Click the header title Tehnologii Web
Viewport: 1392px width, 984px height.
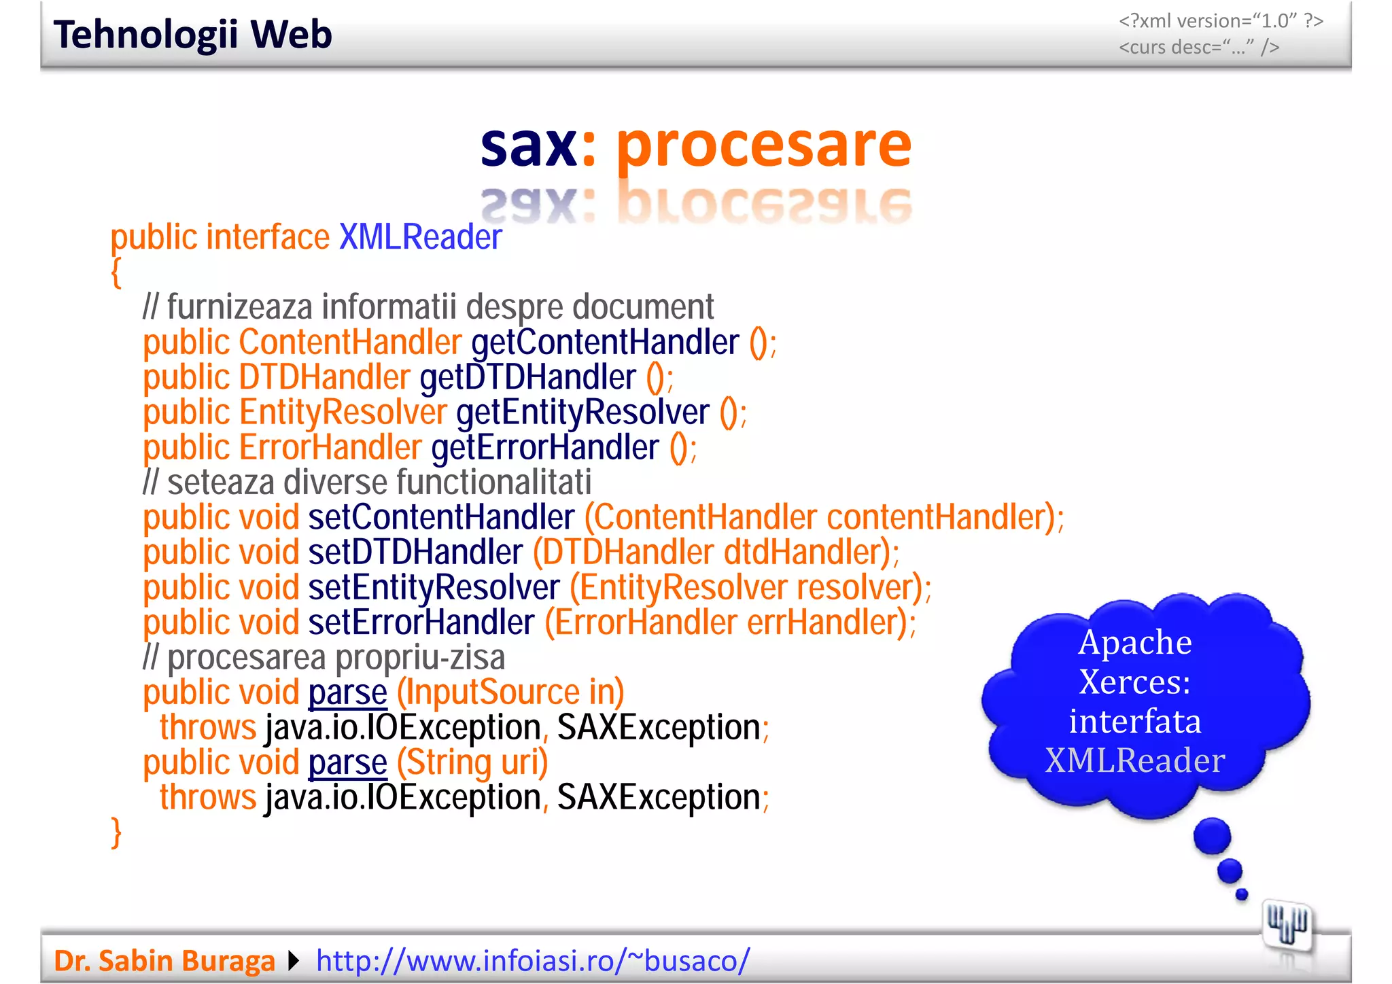(x=192, y=35)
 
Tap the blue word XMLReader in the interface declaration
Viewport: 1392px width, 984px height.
(x=420, y=237)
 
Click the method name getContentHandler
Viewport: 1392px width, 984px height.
(x=605, y=342)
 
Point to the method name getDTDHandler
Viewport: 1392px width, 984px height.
(x=528, y=377)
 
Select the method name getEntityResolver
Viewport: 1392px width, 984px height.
(x=582, y=412)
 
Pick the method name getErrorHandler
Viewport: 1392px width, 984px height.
(x=545, y=448)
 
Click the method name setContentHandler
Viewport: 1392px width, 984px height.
(x=442, y=517)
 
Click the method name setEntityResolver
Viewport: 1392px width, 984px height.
(x=434, y=587)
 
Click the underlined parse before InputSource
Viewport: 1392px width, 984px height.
(x=347, y=692)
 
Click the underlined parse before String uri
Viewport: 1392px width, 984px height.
(x=347, y=762)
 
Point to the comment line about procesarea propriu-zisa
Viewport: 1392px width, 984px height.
(x=324, y=658)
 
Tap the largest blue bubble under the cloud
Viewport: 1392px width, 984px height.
(x=1212, y=836)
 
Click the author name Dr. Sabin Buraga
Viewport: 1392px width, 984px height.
(x=164, y=961)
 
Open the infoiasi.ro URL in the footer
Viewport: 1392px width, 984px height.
(x=533, y=961)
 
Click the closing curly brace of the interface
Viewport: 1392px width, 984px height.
(x=116, y=832)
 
